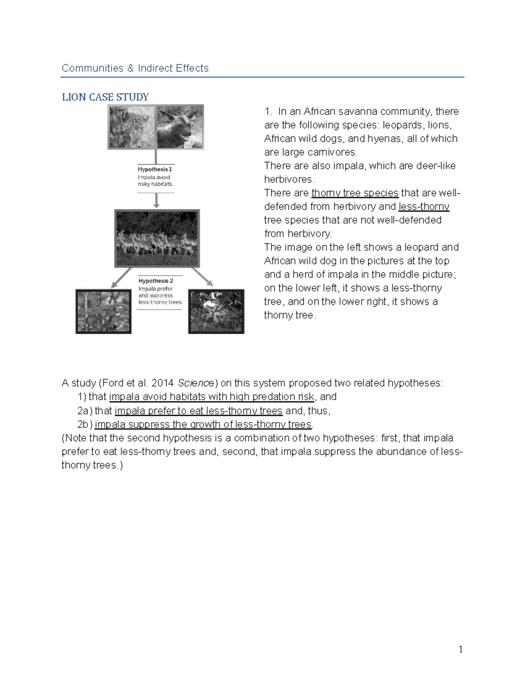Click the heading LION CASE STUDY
tap(105, 97)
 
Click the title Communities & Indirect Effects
tap(135, 68)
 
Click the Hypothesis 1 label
tap(155, 169)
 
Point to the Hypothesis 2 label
tap(156, 281)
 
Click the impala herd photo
tap(157, 238)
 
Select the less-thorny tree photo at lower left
tap(103, 311)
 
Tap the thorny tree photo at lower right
tap(216, 311)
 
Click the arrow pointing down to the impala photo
tap(156, 202)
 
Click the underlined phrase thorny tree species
tap(354, 193)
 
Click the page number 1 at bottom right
tap(460, 649)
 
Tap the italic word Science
tap(196, 383)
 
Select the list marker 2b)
tap(85, 425)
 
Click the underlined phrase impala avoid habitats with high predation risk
tap(211, 397)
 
